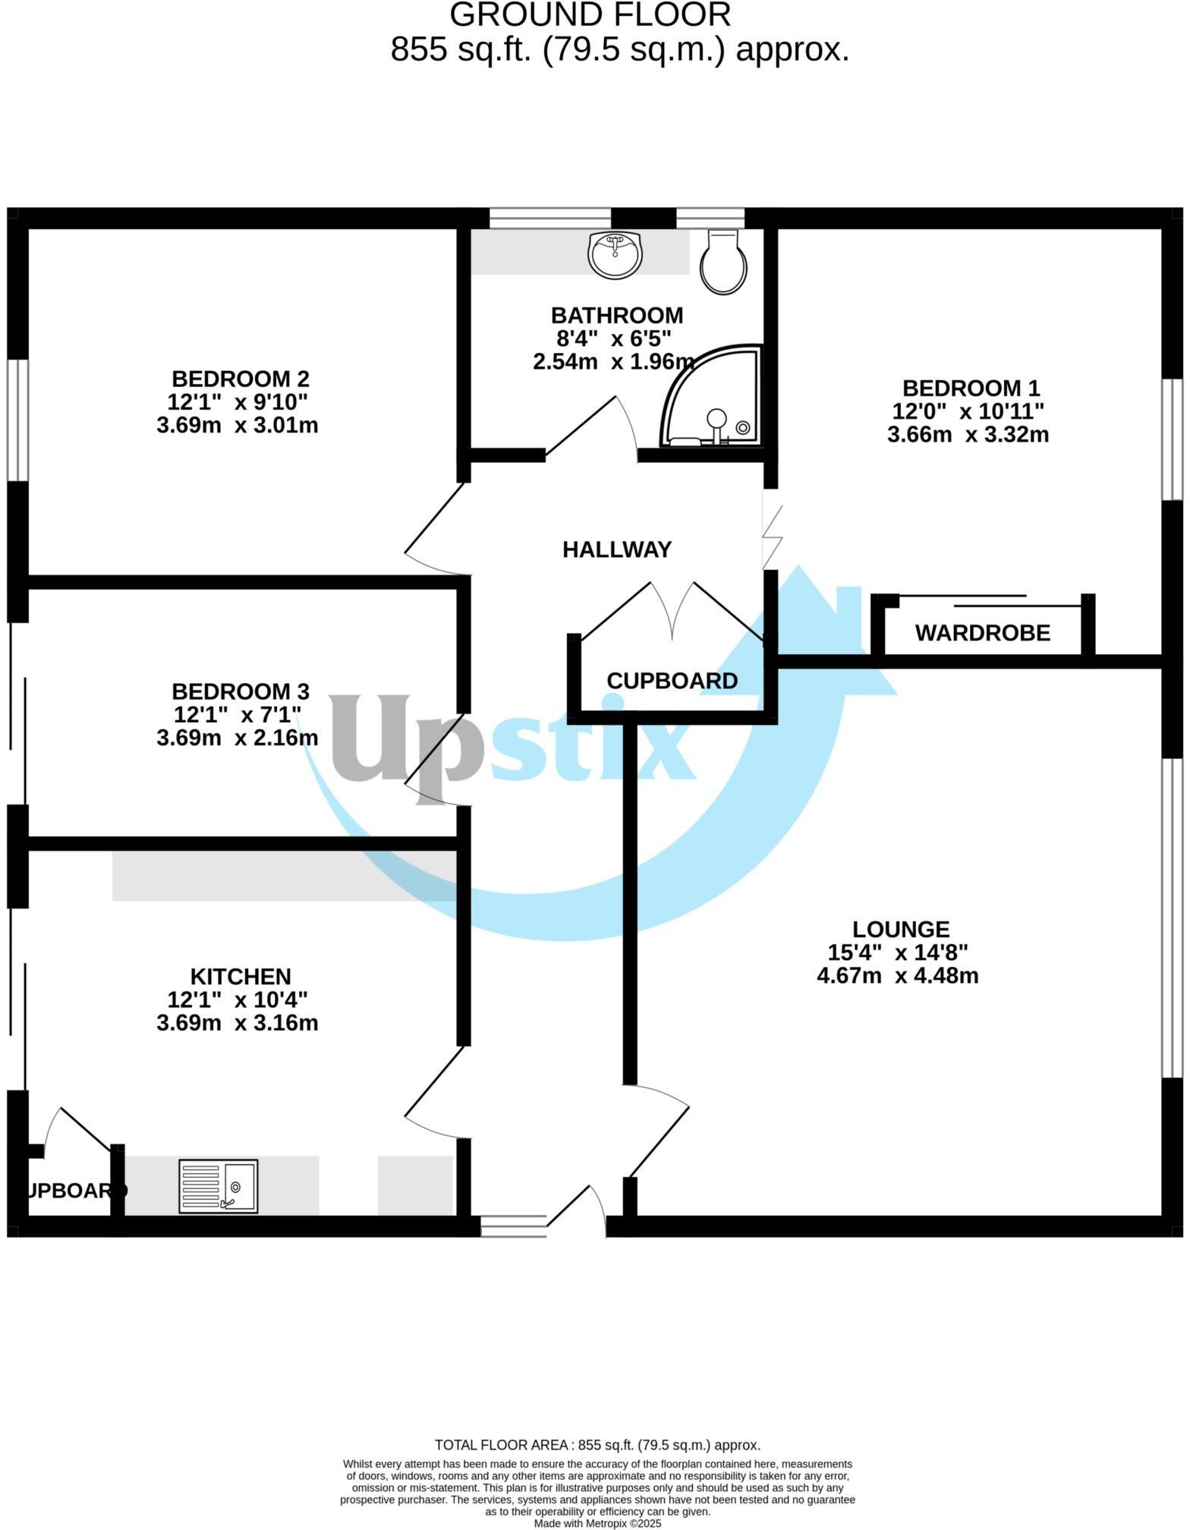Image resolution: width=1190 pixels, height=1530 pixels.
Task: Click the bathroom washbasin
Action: (x=615, y=254)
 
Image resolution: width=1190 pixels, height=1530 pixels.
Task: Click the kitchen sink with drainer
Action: (x=219, y=1185)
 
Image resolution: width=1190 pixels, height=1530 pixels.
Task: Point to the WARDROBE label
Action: (x=983, y=633)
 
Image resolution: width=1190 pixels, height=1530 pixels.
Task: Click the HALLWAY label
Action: (x=617, y=549)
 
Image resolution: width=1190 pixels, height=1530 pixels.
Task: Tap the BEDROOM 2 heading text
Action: (x=241, y=378)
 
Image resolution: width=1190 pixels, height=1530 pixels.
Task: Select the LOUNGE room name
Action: (x=901, y=929)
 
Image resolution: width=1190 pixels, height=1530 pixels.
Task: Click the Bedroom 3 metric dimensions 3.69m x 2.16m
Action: (x=238, y=737)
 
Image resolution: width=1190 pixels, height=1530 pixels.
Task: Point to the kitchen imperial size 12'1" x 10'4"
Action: (x=238, y=999)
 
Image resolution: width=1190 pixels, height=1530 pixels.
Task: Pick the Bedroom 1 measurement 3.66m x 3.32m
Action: (x=968, y=435)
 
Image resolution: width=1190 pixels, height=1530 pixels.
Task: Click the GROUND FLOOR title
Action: (x=590, y=15)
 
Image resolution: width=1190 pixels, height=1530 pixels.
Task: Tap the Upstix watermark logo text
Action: (x=512, y=740)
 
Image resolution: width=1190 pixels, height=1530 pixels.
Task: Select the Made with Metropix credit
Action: (x=597, y=1522)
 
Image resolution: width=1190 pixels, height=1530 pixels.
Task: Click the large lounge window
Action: (x=1173, y=918)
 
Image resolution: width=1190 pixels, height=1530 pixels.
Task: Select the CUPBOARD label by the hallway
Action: (x=672, y=681)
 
